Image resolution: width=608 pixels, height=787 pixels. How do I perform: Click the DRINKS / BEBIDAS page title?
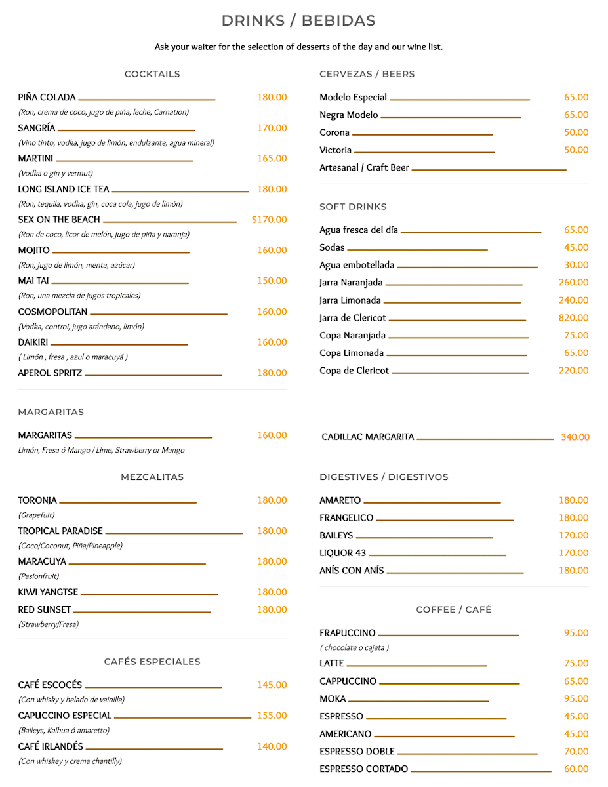(298, 21)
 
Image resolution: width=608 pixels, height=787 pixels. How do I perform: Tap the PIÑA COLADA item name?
(47, 98)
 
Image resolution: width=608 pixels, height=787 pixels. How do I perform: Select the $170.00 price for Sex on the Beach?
(269, 220)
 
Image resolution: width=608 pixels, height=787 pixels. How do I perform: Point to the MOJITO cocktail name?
(33, 251)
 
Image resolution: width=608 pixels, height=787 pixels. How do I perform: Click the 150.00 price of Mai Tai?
(272, 281)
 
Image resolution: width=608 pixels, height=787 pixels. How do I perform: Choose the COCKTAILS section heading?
(152, 74)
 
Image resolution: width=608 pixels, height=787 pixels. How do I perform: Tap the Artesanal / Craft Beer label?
(364, 168)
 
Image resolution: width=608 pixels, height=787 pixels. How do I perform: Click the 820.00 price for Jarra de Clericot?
(573, 318)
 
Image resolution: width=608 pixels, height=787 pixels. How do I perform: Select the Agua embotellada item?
(357, 266)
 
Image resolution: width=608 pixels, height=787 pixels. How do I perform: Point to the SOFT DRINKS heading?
(353, 207)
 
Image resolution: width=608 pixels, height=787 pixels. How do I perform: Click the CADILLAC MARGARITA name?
(367, 437)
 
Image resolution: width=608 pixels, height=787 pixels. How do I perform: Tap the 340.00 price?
(575, 437)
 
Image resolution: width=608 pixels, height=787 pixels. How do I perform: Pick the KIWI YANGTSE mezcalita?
(48, 592)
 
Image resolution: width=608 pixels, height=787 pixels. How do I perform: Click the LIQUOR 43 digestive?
(342, 553)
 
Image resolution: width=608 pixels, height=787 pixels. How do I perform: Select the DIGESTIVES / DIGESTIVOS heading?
(384, 477)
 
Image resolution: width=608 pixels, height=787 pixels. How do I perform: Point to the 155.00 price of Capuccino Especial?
(272, 716)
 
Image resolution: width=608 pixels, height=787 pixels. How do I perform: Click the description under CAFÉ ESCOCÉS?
(71, 700)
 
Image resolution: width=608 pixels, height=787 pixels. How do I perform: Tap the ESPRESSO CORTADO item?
(363, 769)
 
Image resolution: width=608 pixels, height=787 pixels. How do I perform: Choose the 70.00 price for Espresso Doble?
(576, 752)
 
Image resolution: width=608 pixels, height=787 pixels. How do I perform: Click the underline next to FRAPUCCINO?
(449, 635)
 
